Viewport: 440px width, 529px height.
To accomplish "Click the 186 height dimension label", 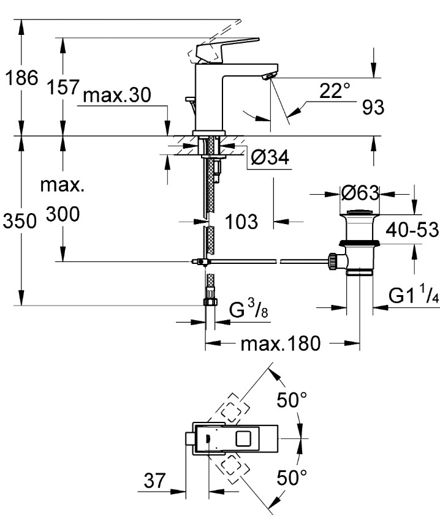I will tap(21, 78).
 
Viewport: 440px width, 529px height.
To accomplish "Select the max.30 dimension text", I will tap(116, 96).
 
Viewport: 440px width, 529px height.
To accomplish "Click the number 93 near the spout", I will tap(373, 107).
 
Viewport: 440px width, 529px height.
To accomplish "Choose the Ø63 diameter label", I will tap(360, 193).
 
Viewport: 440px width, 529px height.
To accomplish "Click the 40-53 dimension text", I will tap(412, 230).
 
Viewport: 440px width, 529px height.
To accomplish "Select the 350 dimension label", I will tap(21, 221).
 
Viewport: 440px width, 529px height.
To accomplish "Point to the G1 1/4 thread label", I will tap(414, 297).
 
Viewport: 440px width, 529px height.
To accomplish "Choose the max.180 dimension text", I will tap(280, 344).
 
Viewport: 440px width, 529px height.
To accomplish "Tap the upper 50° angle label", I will tap(291, 402).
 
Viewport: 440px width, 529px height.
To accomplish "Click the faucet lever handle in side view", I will tap(226, 47).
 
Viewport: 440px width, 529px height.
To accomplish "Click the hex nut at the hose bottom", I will tap(209, 301).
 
